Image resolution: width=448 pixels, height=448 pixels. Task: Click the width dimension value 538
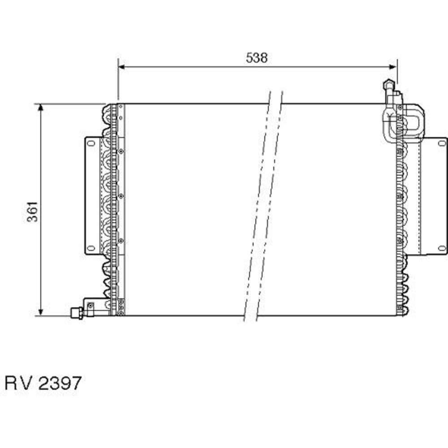[257, 58]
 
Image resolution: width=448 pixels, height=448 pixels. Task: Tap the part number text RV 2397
[43, 383]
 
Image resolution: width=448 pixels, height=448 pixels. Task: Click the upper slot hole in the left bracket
[91, 143]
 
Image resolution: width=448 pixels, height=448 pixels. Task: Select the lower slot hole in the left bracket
[91, 247]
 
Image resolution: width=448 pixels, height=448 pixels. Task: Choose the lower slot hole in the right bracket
[442, 248]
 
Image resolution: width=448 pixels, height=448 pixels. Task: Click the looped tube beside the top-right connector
[411, 121]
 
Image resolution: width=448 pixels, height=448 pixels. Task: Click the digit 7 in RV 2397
[75, 383]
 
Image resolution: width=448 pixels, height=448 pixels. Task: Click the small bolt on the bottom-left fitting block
[90, 306]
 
